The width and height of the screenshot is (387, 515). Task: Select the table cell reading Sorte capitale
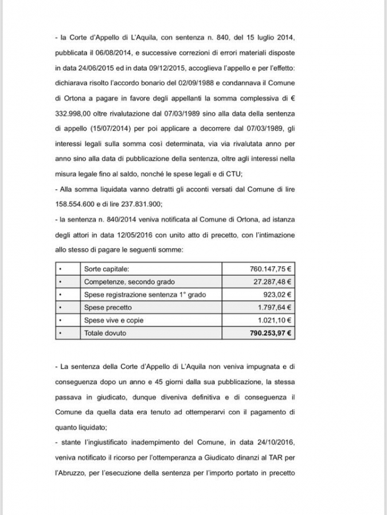coord(107,268)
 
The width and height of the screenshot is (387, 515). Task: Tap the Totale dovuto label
coord(105,332)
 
